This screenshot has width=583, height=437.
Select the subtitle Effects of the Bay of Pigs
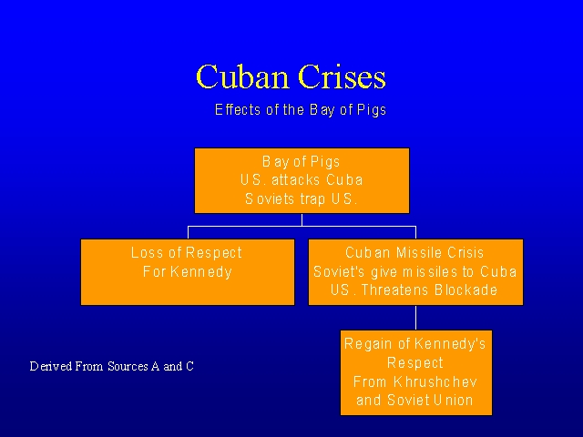301,110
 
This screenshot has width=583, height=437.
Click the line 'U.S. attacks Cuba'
302,180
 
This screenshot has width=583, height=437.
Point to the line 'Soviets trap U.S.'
302,198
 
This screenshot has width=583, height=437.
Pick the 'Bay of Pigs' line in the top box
302,162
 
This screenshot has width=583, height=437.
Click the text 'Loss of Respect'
187,253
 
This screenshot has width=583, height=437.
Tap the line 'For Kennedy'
187,271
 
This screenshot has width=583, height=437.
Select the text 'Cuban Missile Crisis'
415,253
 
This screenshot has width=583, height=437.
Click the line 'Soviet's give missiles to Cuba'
415,271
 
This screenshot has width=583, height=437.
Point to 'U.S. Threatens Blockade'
415,290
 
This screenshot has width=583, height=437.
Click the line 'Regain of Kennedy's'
415,344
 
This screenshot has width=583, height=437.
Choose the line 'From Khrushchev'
415,381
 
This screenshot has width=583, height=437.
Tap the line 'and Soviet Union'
415,400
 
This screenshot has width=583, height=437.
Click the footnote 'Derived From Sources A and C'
112,367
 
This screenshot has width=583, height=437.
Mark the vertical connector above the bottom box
416,317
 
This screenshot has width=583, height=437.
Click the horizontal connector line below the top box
302,226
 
